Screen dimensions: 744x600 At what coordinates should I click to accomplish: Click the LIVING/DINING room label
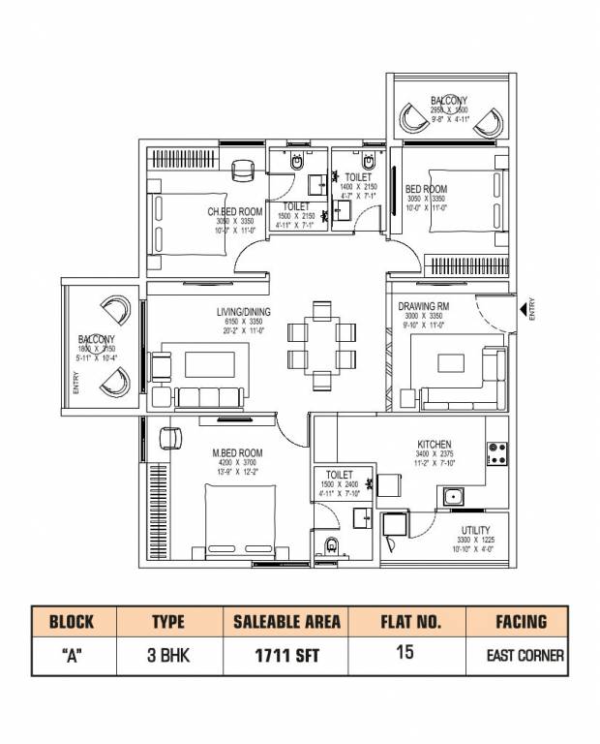pos(244,311)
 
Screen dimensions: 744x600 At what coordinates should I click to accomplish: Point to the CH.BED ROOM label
pos(235,211)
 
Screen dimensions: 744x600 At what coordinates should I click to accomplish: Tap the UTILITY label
pos(475,530)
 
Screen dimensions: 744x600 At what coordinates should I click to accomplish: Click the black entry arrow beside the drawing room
pos(524,310)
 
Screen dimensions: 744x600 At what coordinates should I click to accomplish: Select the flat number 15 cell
pos(405,653)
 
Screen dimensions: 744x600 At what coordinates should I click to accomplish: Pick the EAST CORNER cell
pos(525,655)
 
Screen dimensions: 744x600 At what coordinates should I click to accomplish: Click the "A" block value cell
pos(72,654)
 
